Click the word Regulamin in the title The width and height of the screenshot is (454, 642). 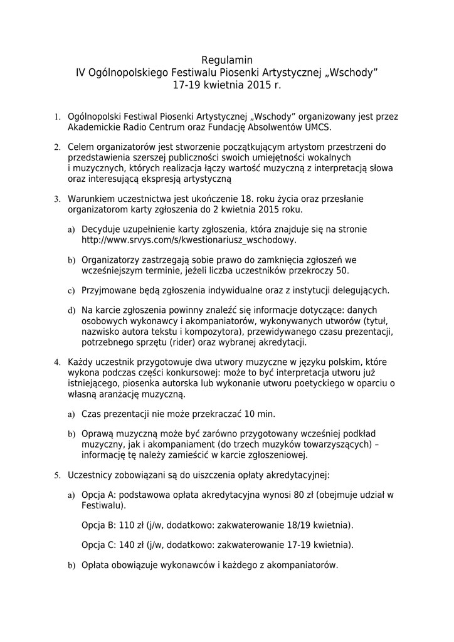[227, 60]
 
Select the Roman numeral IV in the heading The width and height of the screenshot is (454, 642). [82, 72]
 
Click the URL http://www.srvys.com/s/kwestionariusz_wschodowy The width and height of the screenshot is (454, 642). [189, 240]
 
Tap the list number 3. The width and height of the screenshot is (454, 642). [56, 199]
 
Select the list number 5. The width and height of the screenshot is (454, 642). [56, 475]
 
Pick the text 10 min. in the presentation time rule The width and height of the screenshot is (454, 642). [260, 414]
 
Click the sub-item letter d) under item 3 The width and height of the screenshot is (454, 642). [71, 310]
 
